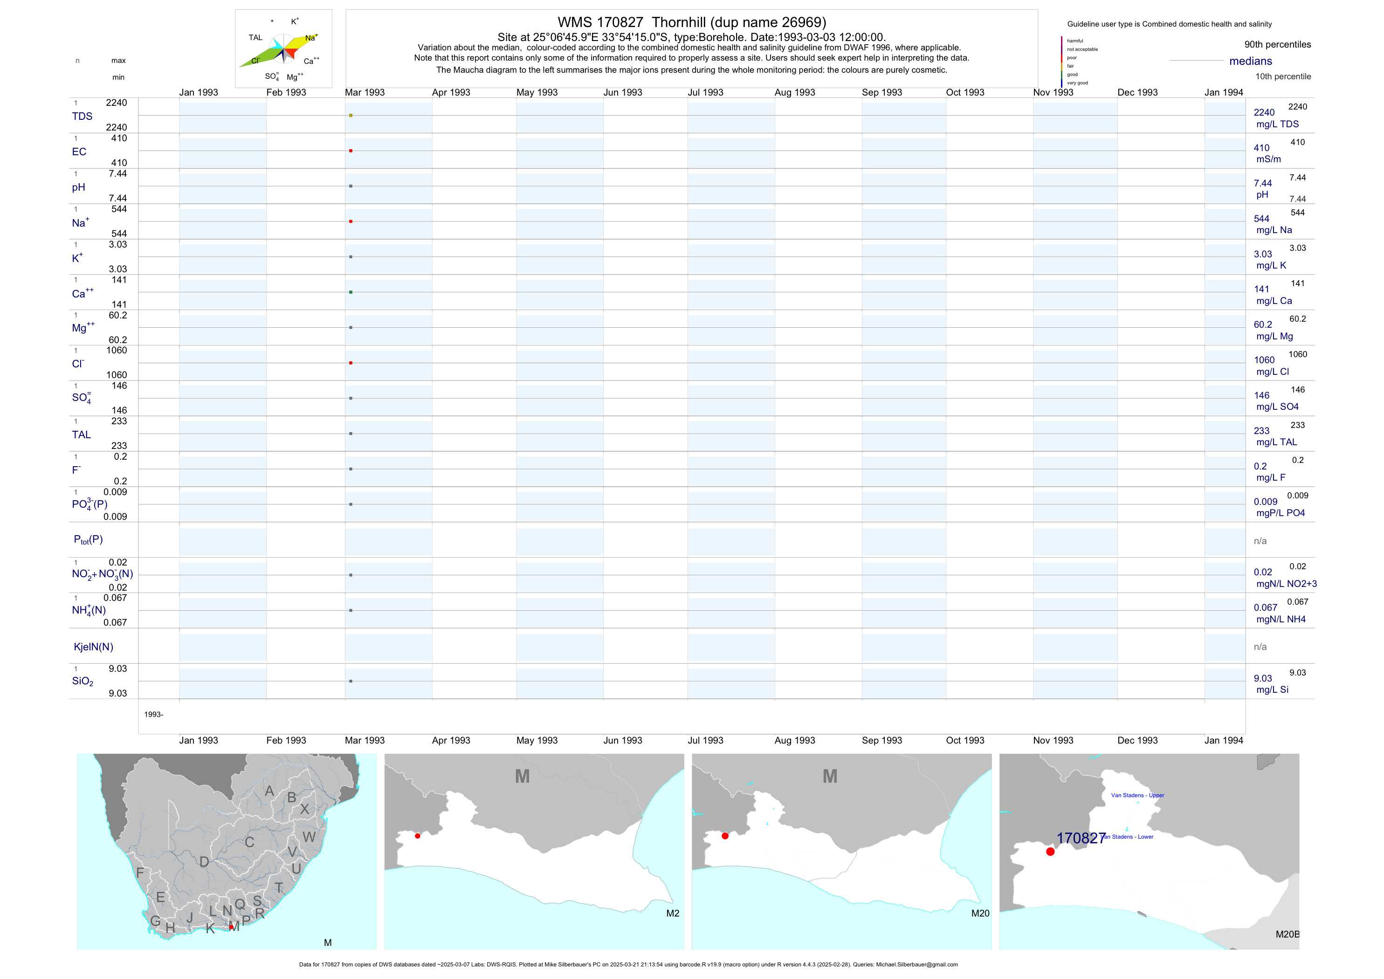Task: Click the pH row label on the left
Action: (x=78, y=187)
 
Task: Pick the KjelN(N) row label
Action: (x=93, y=647)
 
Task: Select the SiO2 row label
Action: (x=83, y=681)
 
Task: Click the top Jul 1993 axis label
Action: (x=705, y=92)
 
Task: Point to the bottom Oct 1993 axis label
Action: (x=964, y=740)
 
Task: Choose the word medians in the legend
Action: (x=1250, y=61)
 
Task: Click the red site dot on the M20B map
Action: (x=1050, y=852)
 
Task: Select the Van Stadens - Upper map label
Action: (x=1137, y=795)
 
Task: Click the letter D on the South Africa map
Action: (x=204, y=862)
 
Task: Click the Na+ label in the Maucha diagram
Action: (x=311, y=38)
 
